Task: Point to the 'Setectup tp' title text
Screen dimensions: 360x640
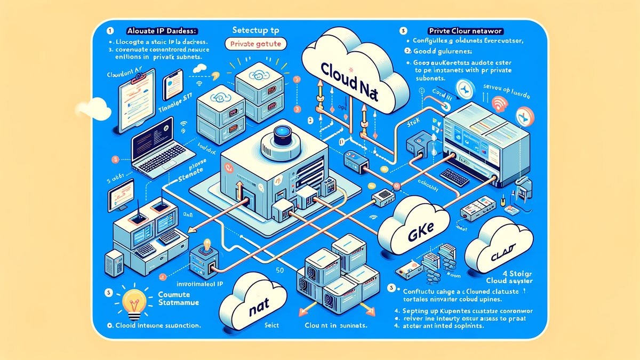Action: [257, 30]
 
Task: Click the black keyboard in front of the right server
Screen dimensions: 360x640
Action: [454, 177]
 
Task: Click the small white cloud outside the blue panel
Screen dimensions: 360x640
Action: [93, 109]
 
